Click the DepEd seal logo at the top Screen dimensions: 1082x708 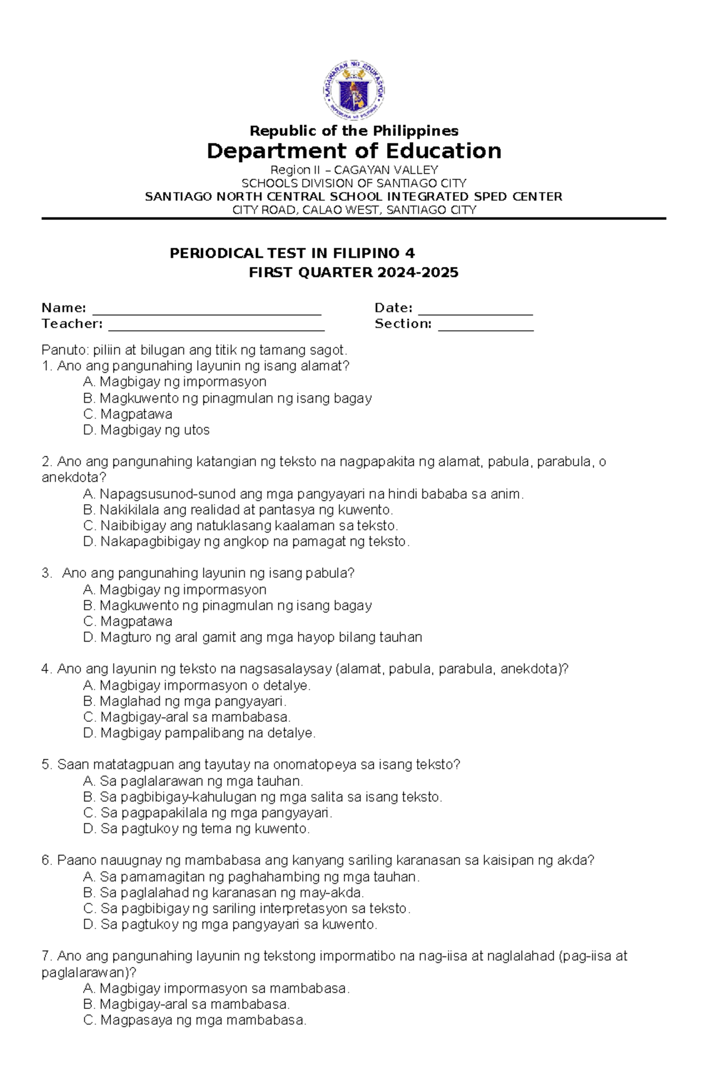[353, 90]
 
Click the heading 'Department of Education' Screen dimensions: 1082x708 [354, 151]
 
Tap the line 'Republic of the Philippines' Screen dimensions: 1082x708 [354, 131]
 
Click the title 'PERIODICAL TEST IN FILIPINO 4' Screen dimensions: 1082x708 [292, 254]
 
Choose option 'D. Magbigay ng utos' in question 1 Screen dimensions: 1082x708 [146, 430]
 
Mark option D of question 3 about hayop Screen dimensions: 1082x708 [253, 637]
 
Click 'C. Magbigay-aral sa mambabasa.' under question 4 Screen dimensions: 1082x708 [187, 718]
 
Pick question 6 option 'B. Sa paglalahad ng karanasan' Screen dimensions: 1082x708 [224, 893]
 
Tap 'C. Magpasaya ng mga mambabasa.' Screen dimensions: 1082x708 [195, 1020]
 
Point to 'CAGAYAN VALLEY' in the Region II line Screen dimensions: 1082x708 [386, 170]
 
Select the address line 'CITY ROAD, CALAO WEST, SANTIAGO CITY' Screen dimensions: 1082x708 [354, 210]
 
